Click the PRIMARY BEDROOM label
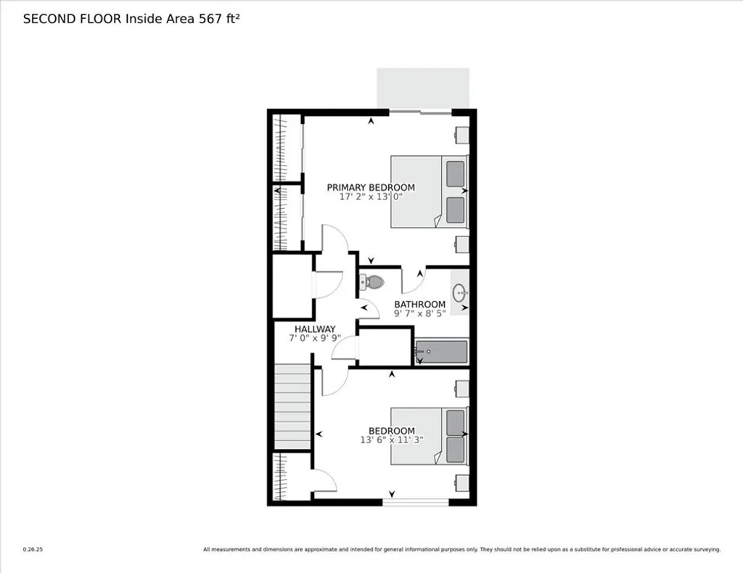371,187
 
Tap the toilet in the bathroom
372,281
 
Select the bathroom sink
460,293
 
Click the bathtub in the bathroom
441,352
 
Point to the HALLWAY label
315,329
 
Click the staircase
292,407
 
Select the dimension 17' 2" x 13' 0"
371,197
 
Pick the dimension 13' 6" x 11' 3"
392,440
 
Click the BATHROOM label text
419,305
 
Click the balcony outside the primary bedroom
423,88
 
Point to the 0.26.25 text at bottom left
33,549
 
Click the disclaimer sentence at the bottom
461,549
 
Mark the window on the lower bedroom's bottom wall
416,502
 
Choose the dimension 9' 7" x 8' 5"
419,314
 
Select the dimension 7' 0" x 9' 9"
315,338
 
